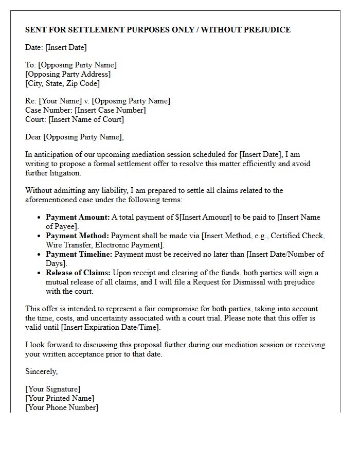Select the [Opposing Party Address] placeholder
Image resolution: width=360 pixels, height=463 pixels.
(x=68, y=74)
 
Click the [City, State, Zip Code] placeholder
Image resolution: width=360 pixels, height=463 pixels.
(x=62, y=83)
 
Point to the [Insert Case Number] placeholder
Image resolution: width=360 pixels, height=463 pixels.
(x=110, y=110)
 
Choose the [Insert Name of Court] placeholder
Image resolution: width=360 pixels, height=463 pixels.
(x=86, y=119)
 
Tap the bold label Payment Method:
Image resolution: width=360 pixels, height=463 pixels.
(x=77, y=236)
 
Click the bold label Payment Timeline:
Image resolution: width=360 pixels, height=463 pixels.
(x=79, y=254)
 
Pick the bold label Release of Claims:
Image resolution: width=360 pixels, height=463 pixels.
(x=78, y=273)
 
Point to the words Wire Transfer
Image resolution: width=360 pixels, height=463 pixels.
(x=69, y=245)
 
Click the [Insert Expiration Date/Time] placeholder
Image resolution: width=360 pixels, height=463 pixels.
(x=111, y=327)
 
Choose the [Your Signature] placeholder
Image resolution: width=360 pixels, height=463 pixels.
(x=52, y=389)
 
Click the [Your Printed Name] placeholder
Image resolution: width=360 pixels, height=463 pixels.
(x=60, y=398)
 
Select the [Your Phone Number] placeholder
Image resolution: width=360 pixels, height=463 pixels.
(x=62, y=407)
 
